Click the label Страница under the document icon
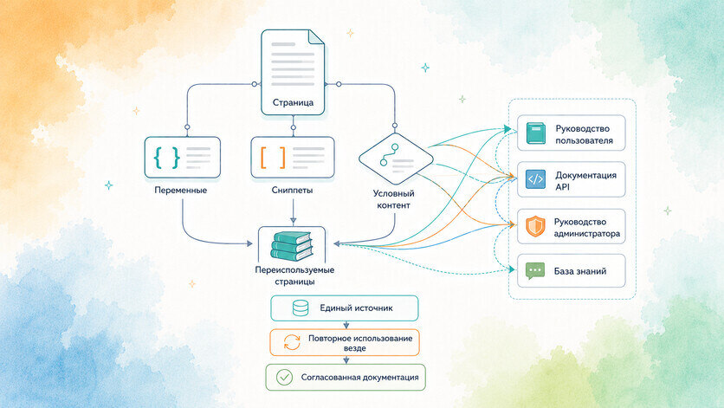[x=293, y=102]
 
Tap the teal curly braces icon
[x=166, y=157]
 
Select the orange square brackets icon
[x=273, y=157]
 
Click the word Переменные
[x=180, y=190]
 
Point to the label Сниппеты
[x=292, y=190]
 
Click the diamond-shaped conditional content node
[x=396, y=159]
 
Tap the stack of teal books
[x=291, y=245]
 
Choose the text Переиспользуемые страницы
[x=294, y=275]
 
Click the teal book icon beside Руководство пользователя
[x=535, y=133]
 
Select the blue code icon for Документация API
[x=535, y=179]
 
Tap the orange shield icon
[x=535, y=226]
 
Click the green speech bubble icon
[x=535, y=271]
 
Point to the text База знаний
[x=580, y=271]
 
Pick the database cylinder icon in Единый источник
[x=301, y=308]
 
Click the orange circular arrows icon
[x=292, y=342]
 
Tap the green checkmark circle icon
[x=284, y=377]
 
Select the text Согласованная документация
[x=359, y=377]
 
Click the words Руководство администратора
[x=587, y=228]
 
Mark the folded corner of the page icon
[x=316, y=37]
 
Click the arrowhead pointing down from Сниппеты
[x=293, y=221]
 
